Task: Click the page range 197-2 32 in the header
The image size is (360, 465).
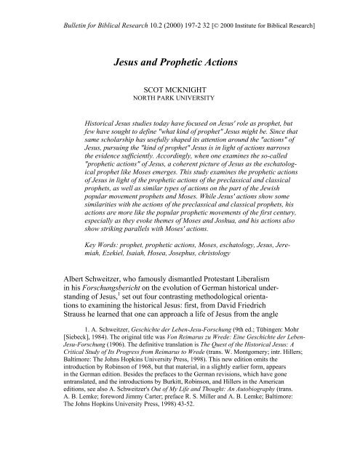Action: coord(191,14)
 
